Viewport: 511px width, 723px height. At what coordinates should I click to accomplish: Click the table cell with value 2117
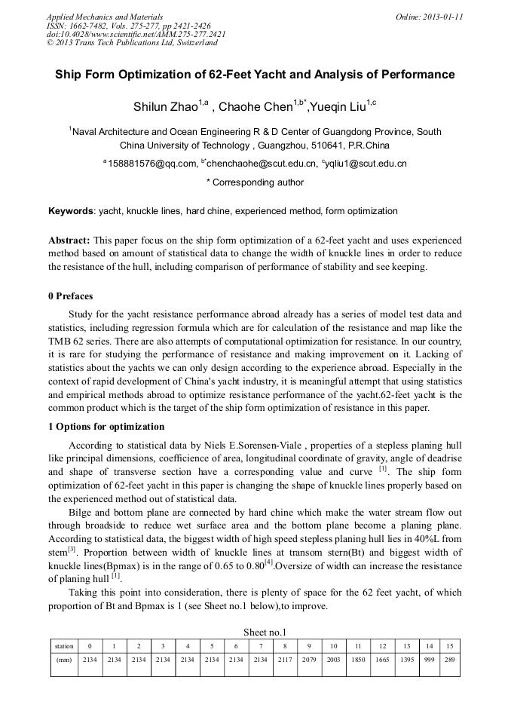coord(285,660)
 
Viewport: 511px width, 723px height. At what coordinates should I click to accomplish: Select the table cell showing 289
coord(449,660)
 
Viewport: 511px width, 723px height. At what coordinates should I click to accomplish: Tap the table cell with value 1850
coord(358,660)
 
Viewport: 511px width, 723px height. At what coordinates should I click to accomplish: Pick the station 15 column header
coord(449,646)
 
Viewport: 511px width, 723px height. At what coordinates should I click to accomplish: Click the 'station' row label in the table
coord(64,646)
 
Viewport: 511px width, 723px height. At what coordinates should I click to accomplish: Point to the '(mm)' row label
coord(64,660)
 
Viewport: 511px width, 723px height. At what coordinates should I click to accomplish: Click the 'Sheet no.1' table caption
coord(255,632)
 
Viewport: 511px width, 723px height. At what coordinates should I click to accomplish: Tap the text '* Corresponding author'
coord(255,182)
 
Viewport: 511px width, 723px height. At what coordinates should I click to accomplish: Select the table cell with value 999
coord(428,660)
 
